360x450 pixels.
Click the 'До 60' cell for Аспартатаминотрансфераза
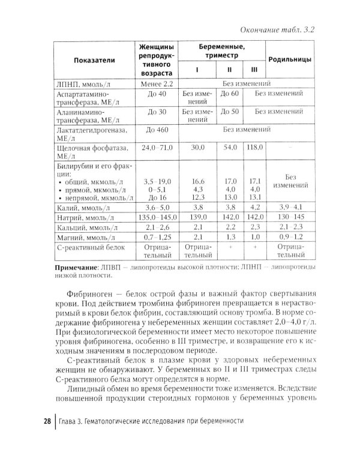tap(230, 94)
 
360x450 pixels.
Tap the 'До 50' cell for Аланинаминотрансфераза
tap(230, 112)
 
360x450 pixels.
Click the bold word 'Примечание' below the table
tap(76, 266)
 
